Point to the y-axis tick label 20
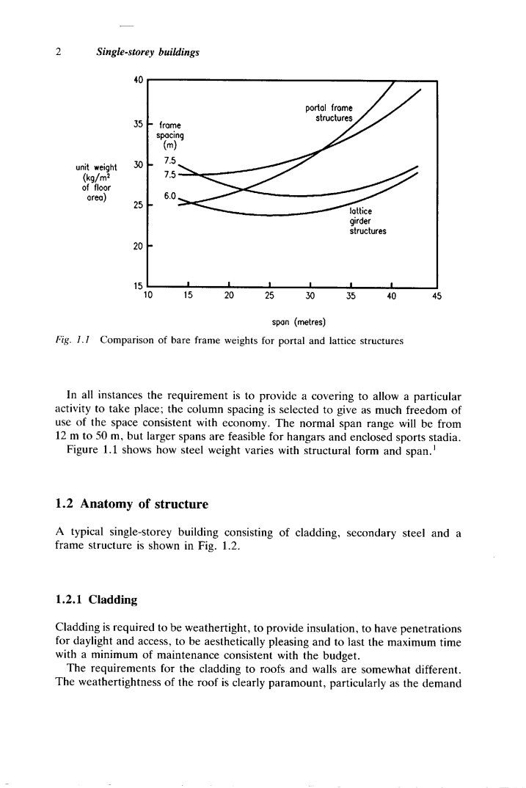pos(137,245)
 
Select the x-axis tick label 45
pos(437,296)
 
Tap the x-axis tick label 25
pos(269,296)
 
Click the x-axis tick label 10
pos(147,296)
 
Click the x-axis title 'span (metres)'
pos(292,322)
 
